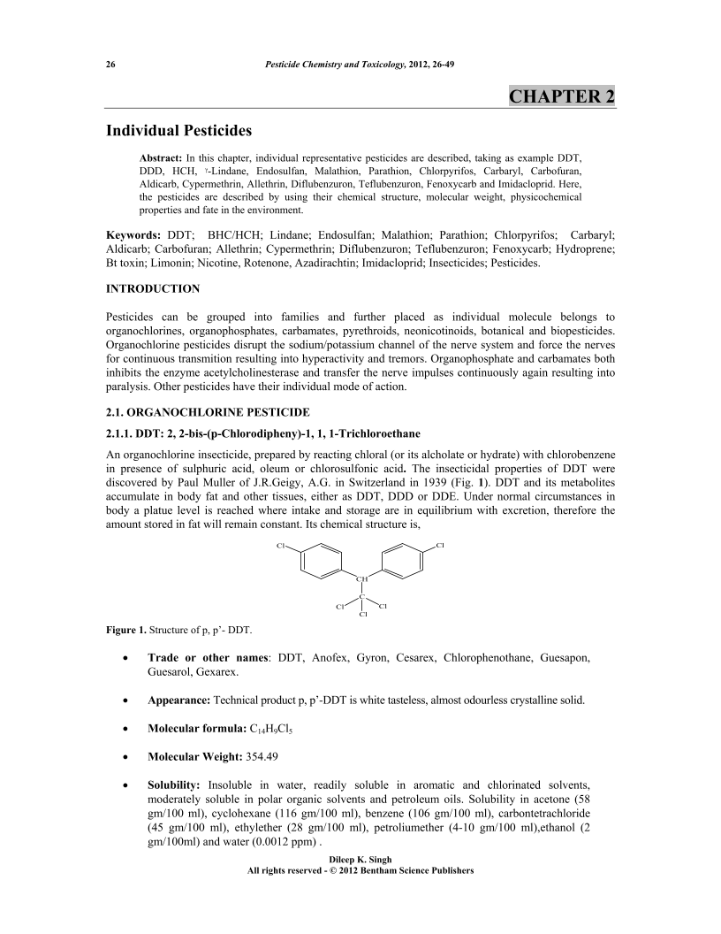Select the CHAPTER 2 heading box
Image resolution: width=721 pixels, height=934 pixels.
[562, 96]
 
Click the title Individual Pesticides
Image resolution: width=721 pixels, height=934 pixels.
[179, 131]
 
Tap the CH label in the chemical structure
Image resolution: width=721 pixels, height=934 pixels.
[361, 579]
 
